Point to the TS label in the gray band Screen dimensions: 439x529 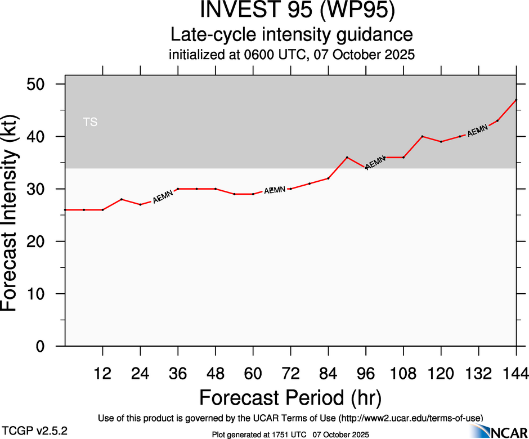(90, 122)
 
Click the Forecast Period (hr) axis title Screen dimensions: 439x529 (290, 397)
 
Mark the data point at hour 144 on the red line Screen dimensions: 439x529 (516, 100)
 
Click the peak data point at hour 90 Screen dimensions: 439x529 (347, 157)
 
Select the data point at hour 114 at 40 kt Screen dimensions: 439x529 (422, 136)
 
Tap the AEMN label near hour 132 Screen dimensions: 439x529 (477, 131)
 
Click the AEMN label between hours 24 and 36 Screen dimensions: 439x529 (163, 196)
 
